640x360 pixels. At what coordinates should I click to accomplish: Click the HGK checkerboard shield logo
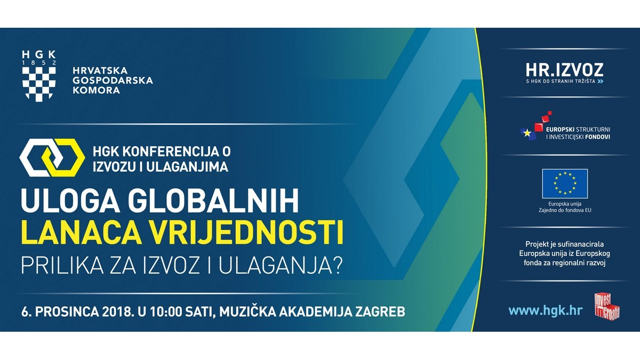point(39,84)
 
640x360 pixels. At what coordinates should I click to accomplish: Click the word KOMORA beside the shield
point(97,91)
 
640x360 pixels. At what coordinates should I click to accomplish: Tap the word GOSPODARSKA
point(113,81)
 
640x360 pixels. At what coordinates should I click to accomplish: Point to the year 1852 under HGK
point(39,63)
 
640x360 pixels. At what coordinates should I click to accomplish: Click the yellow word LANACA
point(82,234)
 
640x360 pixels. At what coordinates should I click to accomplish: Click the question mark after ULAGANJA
point(337,266)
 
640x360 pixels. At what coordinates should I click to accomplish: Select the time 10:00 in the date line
point(166,311)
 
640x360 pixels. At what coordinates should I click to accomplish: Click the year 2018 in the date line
point(118,311)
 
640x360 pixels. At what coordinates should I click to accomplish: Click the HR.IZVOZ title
point(565,70)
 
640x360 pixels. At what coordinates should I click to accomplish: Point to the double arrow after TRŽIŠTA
point(601,82)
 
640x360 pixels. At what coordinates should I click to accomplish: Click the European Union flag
point(565,183)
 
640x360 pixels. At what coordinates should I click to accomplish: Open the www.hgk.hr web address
point(546,310)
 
